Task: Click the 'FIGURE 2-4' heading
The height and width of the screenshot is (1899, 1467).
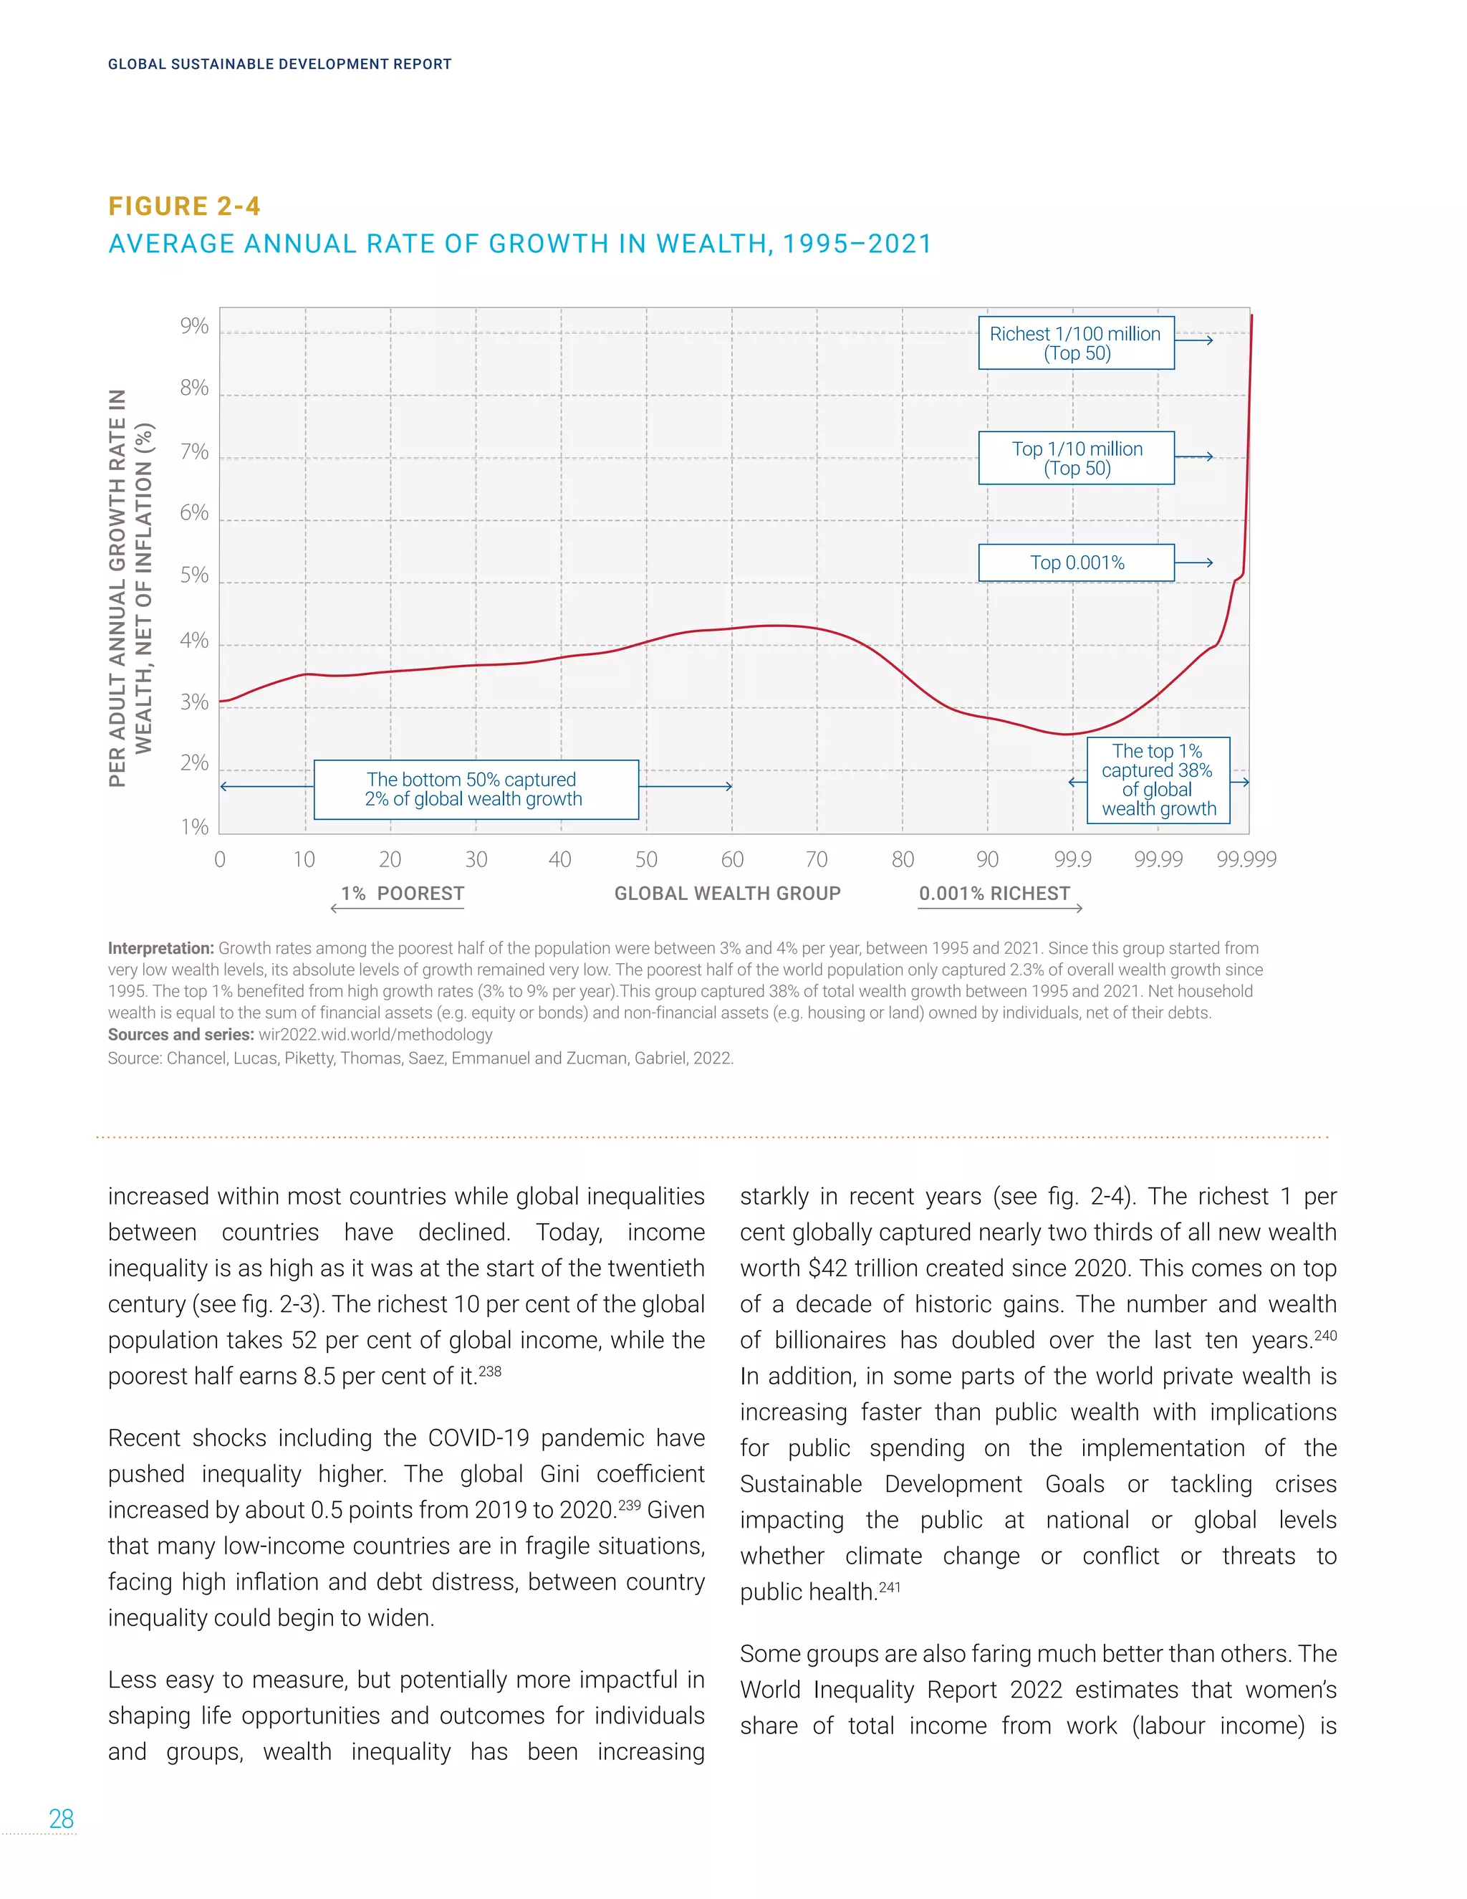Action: click(184, 206)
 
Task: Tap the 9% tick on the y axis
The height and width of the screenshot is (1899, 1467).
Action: click(195, 326)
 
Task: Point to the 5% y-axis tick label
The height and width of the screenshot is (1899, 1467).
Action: click(195, 575)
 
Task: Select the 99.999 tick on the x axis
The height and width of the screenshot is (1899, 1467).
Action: click(1246, 860)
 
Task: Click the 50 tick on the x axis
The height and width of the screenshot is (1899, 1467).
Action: click(645, 860)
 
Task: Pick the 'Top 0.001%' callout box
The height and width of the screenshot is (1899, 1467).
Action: click(1076, 563)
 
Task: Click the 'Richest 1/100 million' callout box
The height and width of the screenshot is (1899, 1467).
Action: click(1076, 343)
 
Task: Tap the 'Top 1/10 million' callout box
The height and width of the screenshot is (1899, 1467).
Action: click(1076, 458)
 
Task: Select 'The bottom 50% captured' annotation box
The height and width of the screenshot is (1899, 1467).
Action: click(476, 790)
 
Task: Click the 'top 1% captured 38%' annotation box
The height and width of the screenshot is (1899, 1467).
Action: click(1158, 780)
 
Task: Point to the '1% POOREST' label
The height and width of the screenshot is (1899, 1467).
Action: click(403, 894)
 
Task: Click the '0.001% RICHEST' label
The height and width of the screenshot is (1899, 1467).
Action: click(994, 894)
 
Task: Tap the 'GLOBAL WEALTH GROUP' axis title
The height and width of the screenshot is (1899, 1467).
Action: click(728, 894)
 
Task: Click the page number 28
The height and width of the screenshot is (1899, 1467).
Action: click(61, 1819)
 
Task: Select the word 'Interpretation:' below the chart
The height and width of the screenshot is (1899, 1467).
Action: click(160, 949)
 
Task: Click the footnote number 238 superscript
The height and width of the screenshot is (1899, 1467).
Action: click(490, 1371)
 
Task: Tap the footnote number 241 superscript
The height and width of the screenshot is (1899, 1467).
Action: click(890, 1587)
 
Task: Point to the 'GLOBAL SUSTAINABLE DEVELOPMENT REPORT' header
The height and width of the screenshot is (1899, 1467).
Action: click(280, 64)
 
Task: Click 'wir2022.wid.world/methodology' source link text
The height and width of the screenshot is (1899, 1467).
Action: click(375, 1035)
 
